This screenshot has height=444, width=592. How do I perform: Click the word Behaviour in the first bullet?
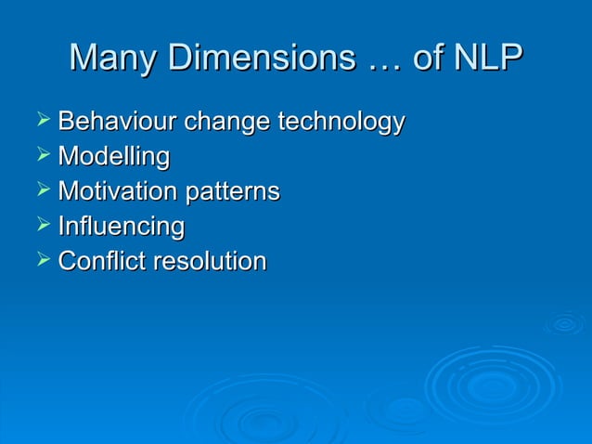pos(118,122)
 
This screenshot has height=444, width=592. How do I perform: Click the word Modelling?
pos(113,158)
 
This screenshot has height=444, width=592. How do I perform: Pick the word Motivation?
pos(118,192)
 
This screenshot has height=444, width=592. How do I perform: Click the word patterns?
pos(233,193)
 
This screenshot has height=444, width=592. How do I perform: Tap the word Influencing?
pos(121,228)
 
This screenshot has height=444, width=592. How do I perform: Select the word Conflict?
pos(102,262)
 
